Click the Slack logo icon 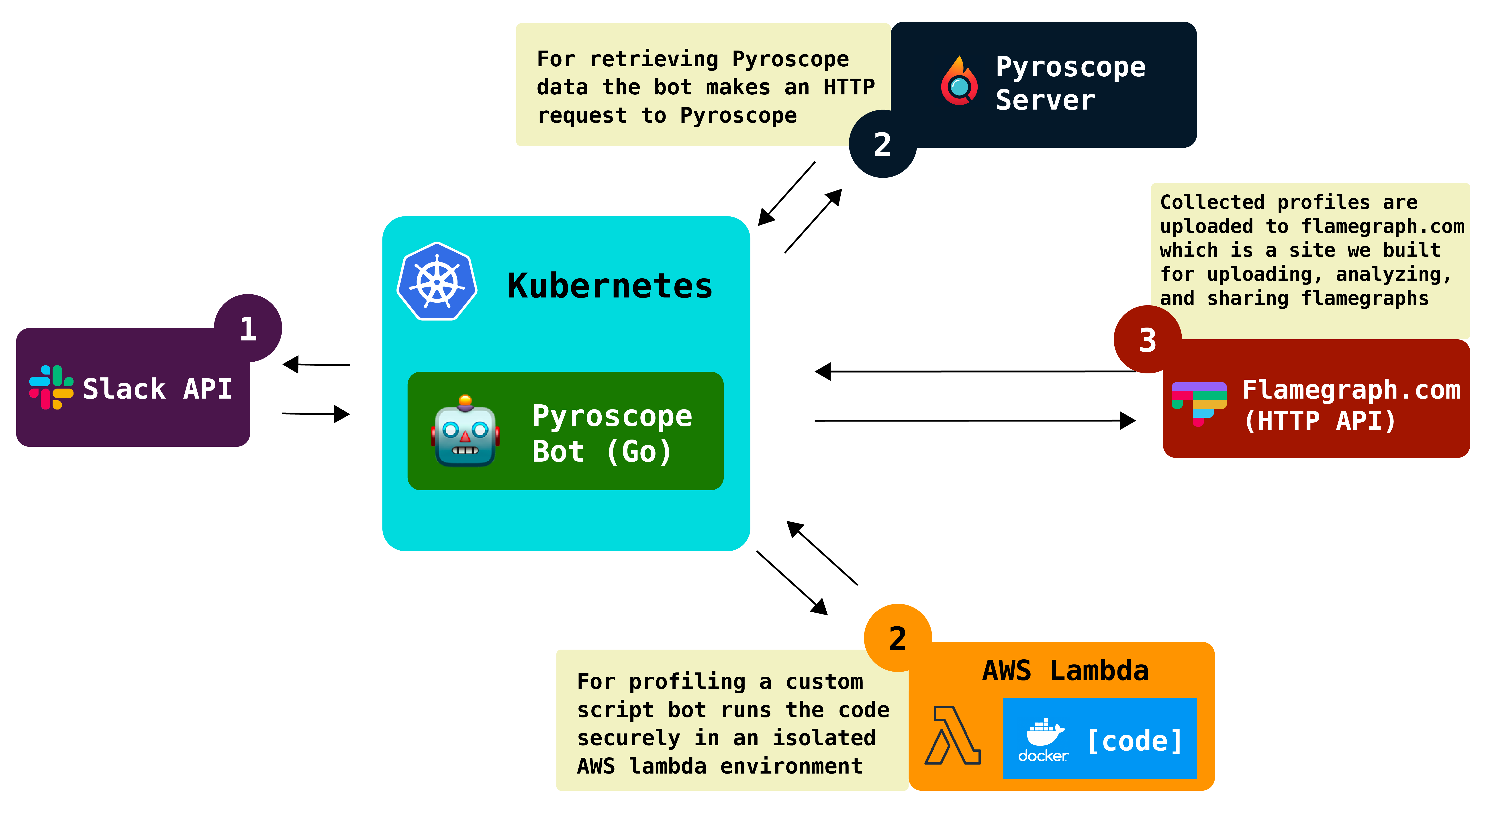51,387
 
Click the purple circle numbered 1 248,328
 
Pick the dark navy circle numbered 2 882,144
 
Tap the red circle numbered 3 1147,340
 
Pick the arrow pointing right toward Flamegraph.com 974,421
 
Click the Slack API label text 157,389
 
